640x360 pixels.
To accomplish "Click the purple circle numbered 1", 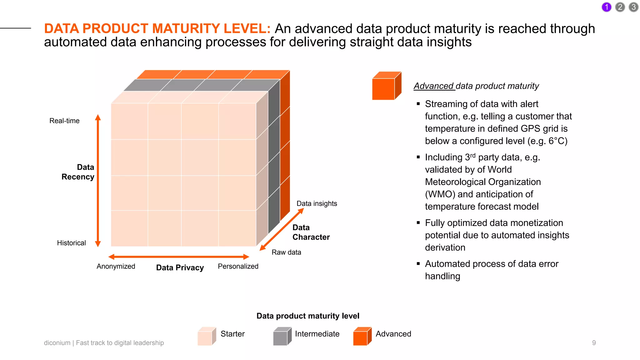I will point(606,7).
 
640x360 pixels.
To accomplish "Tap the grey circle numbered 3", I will point(633,7).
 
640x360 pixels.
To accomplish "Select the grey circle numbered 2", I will point(620,7).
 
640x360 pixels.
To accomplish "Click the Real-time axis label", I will point(64,121).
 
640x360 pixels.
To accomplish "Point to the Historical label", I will point(71,243).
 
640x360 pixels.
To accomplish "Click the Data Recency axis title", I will point(78,172).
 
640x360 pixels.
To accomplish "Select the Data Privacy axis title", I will point(180,267).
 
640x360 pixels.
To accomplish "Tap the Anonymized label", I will point(116,266).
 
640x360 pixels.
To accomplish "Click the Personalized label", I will point(238,266).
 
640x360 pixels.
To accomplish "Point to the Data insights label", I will point(317,203).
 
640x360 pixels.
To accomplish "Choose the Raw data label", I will point(286,252).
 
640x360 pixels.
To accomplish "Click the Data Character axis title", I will point(311,232).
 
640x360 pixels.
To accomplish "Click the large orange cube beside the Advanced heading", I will point(386,86).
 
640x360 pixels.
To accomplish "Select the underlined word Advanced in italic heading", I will point(433,86).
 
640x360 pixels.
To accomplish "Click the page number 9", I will point(594,343).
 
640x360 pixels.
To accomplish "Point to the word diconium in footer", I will point(57,343).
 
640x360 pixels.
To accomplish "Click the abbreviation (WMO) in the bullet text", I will point(440,194).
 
